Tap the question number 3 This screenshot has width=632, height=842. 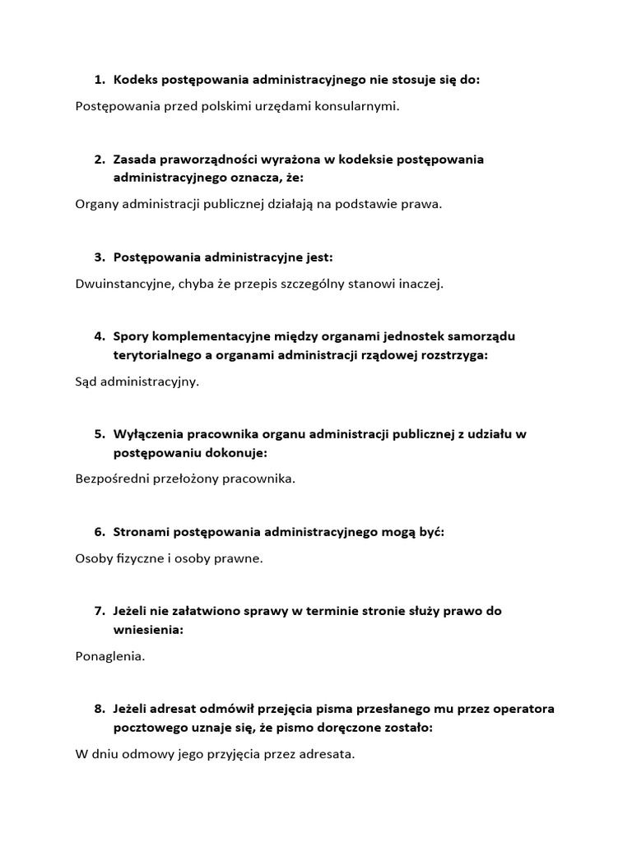point(99,257)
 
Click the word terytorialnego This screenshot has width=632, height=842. point(157,355)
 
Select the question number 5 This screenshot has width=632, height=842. point(99,433)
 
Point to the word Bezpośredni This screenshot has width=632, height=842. point(112,479)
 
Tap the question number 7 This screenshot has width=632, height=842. point(99,611)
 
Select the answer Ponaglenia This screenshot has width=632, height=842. point(109,656)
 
